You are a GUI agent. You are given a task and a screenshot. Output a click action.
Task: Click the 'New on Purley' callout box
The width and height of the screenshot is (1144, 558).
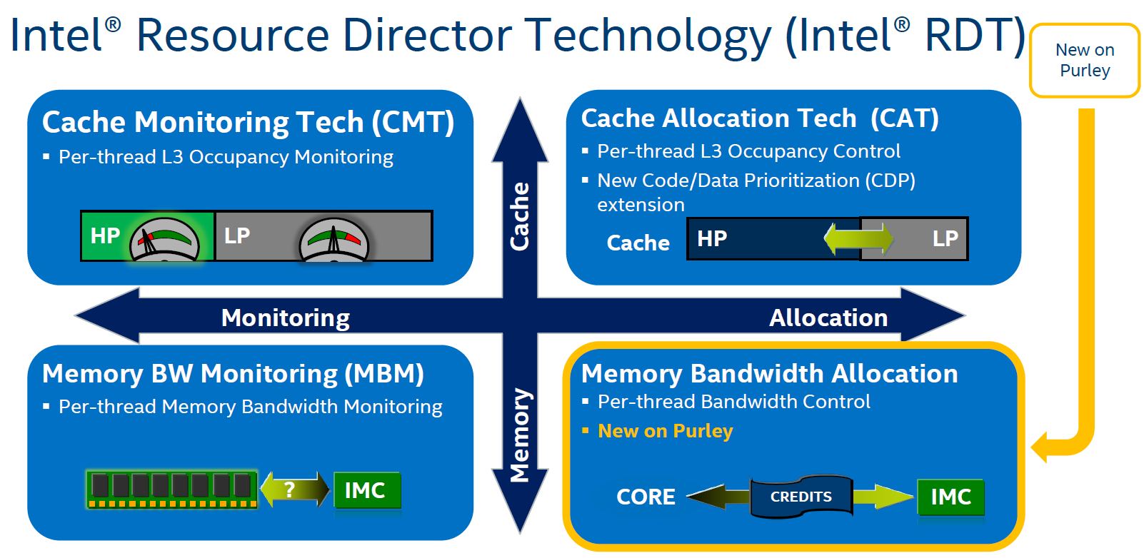click(1084, 61)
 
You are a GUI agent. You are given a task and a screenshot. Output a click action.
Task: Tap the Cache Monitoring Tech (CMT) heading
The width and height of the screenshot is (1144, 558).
click(248, 123)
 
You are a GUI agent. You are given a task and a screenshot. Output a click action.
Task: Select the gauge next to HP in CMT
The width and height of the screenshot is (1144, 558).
click(164, 240)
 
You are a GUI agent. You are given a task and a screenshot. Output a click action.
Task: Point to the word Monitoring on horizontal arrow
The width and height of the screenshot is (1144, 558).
click(285, 318)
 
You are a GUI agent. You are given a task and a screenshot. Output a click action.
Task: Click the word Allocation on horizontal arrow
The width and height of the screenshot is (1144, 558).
click(828, 318)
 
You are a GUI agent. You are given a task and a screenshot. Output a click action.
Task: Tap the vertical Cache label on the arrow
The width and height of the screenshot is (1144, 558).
click(520, 215)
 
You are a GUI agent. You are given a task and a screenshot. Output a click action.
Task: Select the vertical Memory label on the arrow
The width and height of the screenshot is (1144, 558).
click(520, 435)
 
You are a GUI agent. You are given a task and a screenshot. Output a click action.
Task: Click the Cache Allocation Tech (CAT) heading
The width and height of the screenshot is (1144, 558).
click(759, 118)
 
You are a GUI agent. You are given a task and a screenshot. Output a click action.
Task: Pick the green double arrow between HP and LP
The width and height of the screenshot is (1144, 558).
click(858, 239)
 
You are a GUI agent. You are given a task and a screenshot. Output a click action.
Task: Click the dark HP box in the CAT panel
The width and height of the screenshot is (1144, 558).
click(757, 238)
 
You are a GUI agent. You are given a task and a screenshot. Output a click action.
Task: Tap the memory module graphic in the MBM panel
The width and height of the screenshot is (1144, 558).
click(171, 489)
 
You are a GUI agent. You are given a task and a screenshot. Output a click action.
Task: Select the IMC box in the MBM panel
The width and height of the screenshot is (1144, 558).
click(366, 490)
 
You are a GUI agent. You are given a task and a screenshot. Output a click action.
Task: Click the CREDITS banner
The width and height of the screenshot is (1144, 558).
click(801, 497)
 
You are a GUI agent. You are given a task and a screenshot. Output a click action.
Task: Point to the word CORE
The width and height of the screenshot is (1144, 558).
click(646, 497)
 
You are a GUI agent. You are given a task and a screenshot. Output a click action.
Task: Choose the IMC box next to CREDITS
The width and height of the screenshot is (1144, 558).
click(950, 497)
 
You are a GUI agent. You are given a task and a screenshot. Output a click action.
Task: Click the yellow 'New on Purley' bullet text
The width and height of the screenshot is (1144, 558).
click(665, 431)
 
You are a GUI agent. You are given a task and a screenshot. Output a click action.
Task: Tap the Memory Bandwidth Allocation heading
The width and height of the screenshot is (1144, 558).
click(769, 374)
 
